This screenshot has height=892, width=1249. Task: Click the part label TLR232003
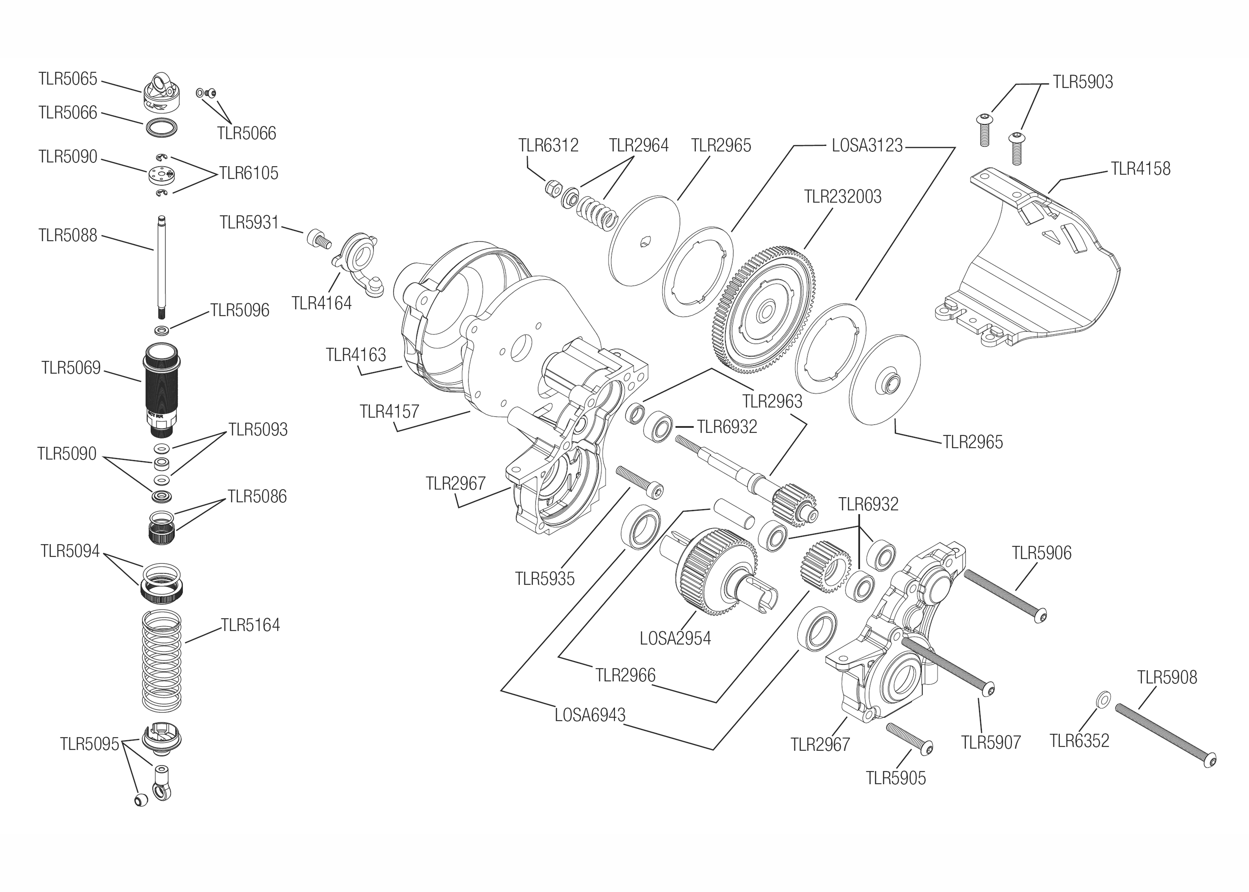coord(842,197)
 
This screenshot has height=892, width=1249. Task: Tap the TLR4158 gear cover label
coord(1140,168)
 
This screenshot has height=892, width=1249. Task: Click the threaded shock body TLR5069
coord(161,387)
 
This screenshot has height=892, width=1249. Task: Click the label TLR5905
coord(895,778)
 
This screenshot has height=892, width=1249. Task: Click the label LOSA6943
coord(590,715)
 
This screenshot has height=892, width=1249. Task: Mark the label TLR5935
coord(544,579)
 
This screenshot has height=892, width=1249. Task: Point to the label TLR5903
coord(1082,82)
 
